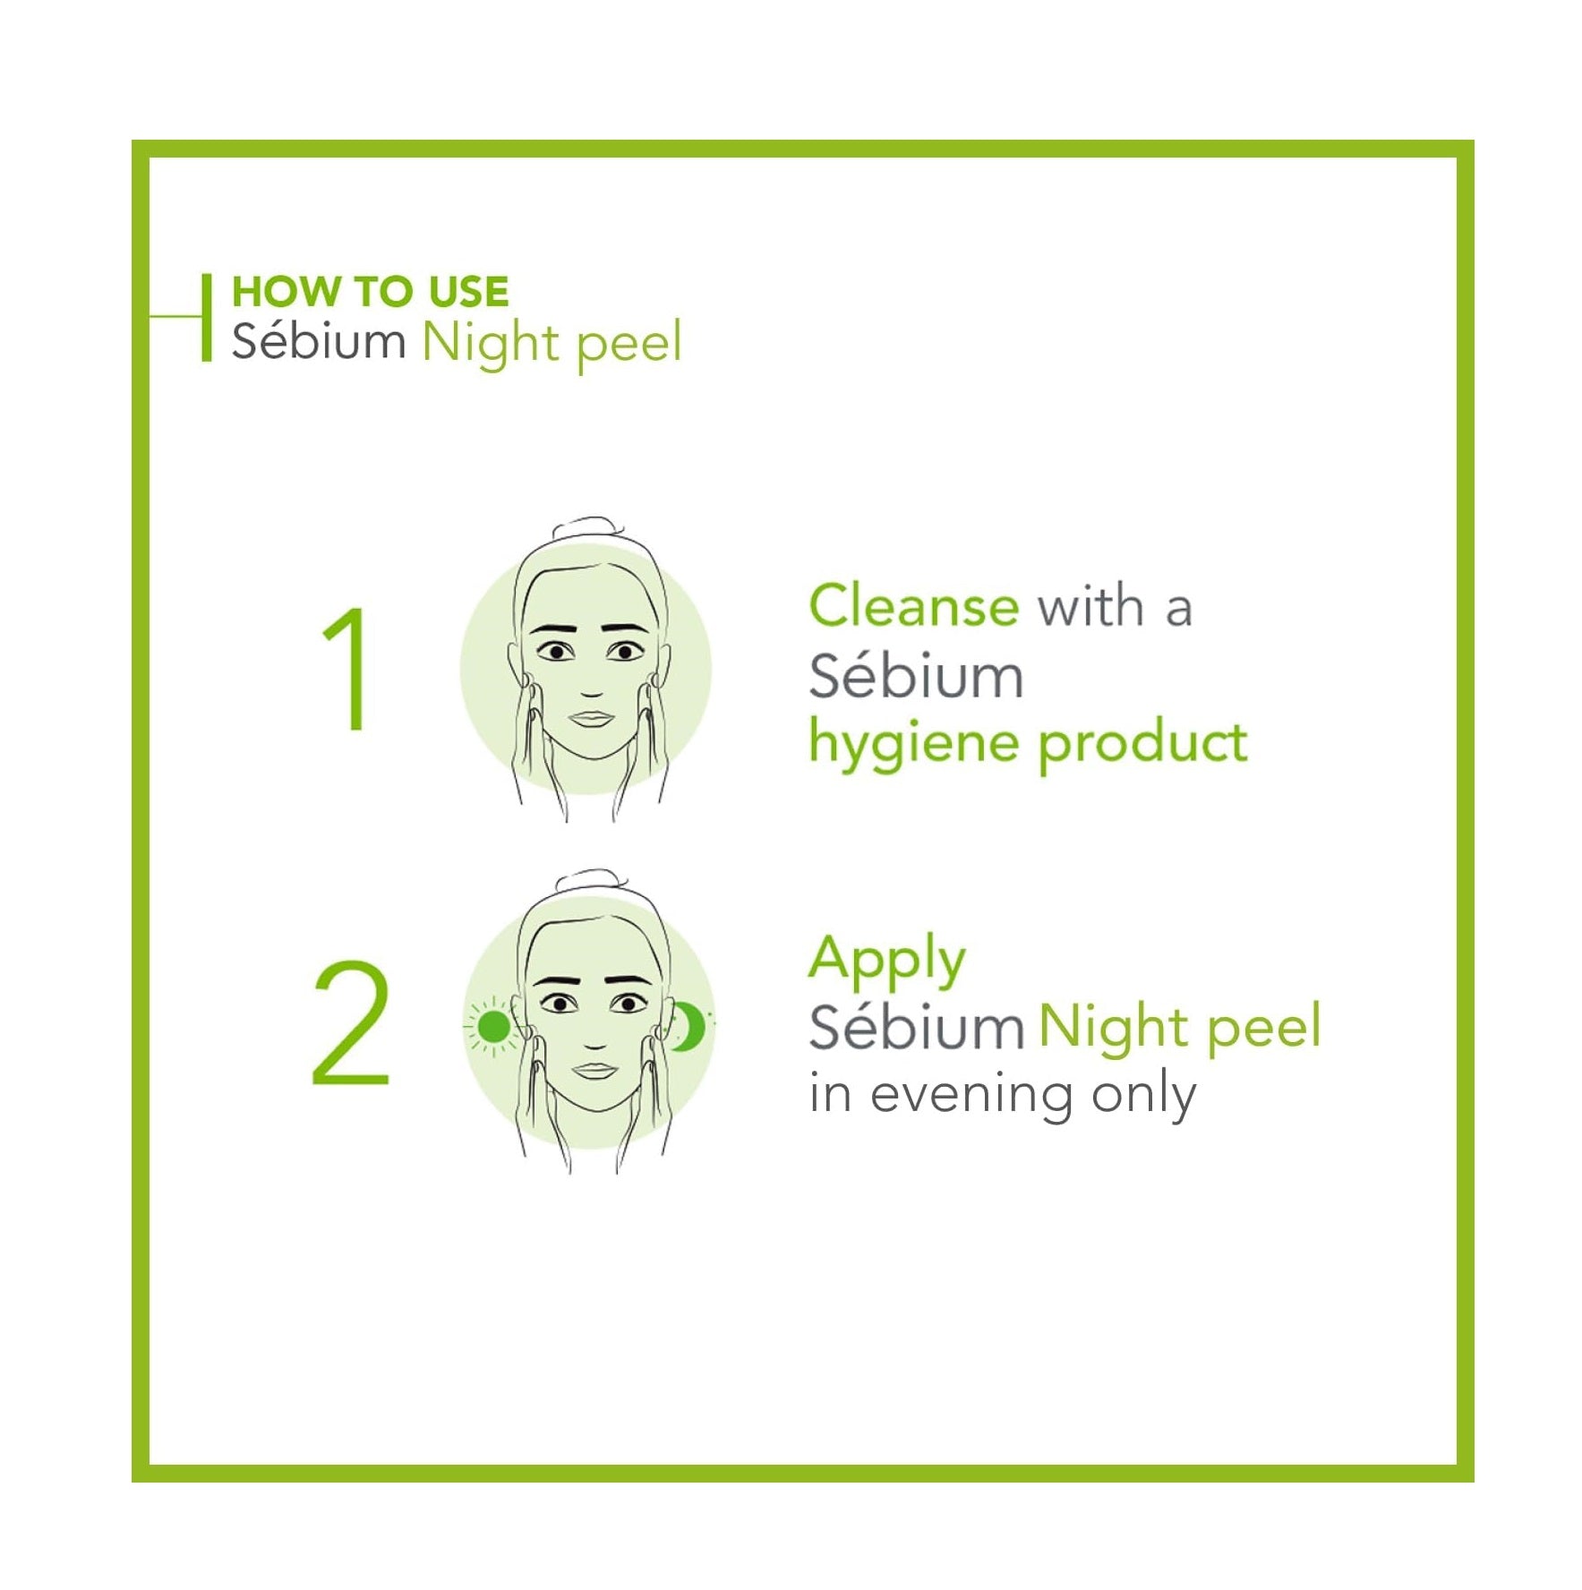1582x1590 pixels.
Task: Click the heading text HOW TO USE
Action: (370, 292)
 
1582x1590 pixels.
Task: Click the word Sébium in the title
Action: (319, 341)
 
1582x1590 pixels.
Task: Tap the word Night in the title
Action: (491, 345)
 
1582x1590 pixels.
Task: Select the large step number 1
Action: (346, 668)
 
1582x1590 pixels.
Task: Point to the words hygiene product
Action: (1028, 744)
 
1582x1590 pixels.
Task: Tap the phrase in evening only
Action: (1003, 1094)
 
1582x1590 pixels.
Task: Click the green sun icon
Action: (492, 1026)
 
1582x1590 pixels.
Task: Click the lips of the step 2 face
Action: (594, 1070)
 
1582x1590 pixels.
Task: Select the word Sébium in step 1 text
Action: (916, 676)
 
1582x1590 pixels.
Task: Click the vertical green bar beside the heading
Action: (207, 317)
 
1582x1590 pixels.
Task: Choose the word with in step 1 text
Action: (1090, 607)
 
